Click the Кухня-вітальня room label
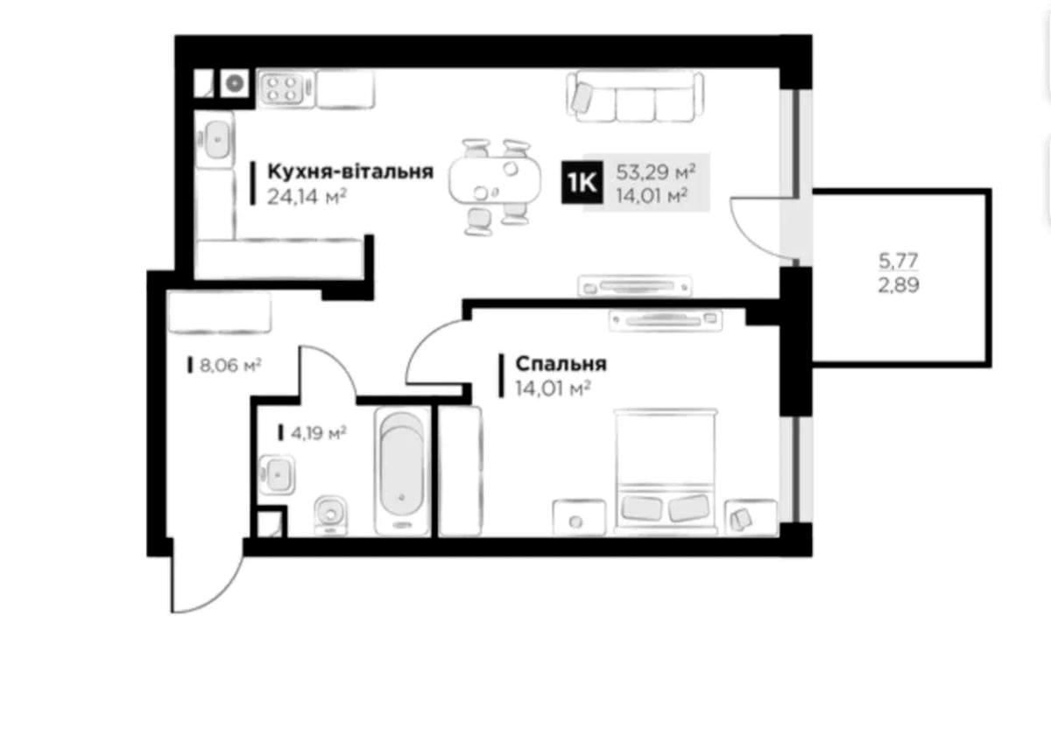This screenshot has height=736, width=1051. click(x=350, y=172)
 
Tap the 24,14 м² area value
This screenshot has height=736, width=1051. click(x=307, y=197)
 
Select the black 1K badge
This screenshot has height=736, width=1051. click(x=582, y=182)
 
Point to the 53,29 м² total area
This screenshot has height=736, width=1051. click(x=655, y=172)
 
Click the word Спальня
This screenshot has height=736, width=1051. click(x=561, y=364)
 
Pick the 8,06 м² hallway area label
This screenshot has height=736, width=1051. click(x=229, y=365)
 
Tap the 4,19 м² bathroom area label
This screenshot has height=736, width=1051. click(x=318, y=432)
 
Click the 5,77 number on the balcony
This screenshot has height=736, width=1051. click(x=899, y=261)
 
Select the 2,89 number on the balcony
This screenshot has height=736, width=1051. click(x=899, y=285)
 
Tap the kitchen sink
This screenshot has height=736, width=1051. click(x=215, y=139)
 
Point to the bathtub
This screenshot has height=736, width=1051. click(x=402, y=472)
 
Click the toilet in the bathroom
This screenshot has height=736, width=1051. click(x=331, y=515)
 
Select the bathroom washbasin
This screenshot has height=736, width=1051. click(x=277, y=474)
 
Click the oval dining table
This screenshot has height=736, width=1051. click(x=495, y=179)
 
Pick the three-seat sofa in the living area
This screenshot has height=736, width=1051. click(x=635, y=97)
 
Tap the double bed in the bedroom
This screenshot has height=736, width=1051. click(x=666, y=471)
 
